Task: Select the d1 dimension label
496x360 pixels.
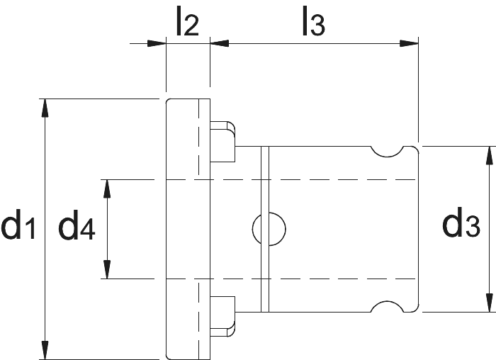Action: point(18,224)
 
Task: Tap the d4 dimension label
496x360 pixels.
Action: point(77,224)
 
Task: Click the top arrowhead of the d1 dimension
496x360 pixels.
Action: point(45,108)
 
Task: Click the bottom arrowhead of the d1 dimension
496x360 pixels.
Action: point(45,350)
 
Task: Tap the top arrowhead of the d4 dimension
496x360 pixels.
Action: point(107,189)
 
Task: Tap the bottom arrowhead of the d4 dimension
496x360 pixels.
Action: point(107,269)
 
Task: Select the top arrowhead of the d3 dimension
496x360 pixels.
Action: point(490,156)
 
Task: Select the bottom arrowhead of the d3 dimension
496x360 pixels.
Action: point(490,303)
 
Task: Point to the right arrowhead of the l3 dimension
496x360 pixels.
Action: point(409,43)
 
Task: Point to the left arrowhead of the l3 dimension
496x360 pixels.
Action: point(220,43)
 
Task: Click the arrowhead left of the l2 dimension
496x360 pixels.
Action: point(157,43)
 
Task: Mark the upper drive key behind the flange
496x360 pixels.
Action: point(222,142)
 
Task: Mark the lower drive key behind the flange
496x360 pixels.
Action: point(222,317)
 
